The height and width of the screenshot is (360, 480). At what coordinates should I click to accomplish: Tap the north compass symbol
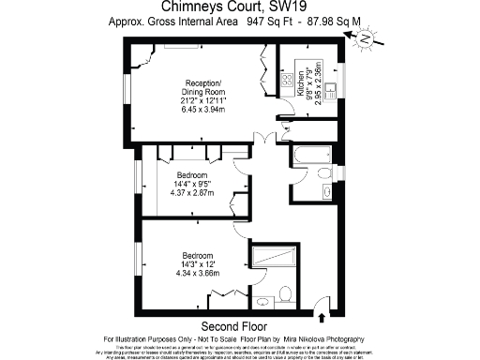tap(363, 38)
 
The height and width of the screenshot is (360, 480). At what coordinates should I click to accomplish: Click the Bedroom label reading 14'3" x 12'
tap(197, 256)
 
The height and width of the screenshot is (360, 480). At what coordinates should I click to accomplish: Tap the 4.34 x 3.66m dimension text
tap(197, 274)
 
